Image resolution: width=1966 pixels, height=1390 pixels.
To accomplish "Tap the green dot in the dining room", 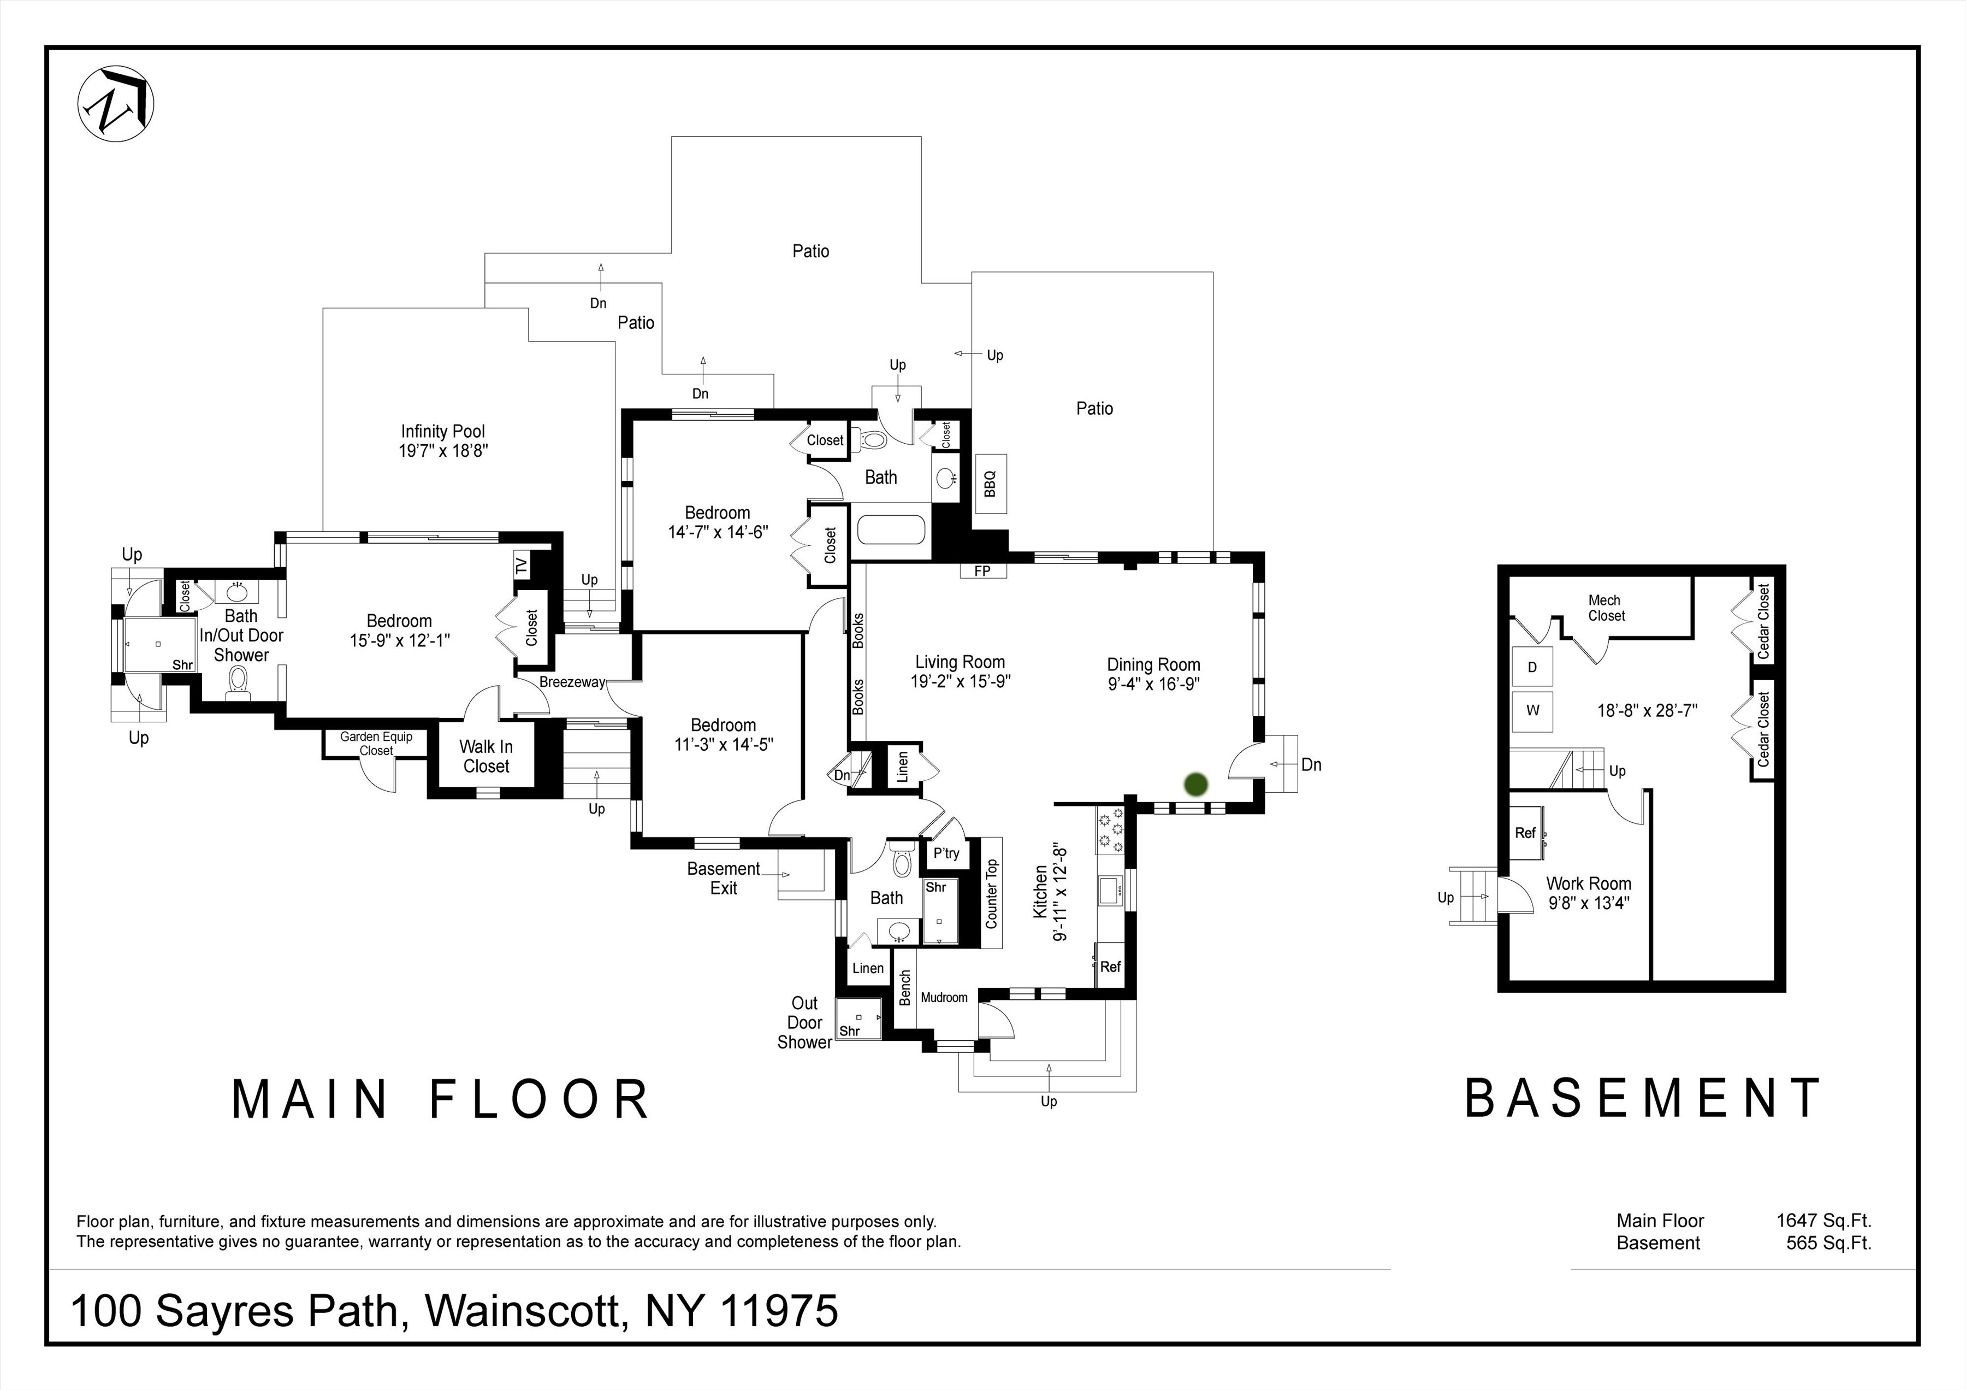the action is (x=1195, y=784).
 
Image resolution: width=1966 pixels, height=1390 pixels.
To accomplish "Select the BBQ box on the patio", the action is (x=991, y=484).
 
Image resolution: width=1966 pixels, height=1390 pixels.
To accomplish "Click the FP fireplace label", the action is (x=982, y=570).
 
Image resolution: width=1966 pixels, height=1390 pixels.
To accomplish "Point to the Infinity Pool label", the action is (x=443, y=441).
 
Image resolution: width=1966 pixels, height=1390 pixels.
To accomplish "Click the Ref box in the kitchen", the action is (x=1110, y=966).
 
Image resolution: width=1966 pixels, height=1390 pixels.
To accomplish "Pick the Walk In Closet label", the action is (x=487, y=756).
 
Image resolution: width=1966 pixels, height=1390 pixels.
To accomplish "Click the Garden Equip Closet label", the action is (x=376, y=744).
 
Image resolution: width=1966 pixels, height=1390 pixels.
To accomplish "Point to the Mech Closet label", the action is (x=1606, y=608).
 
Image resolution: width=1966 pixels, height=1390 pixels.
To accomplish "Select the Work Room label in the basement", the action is (x=1589, y=883).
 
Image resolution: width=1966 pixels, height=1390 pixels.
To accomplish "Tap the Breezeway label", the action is (x=572, y=682).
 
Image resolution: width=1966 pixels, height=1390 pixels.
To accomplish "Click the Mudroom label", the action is (x=944, y=998).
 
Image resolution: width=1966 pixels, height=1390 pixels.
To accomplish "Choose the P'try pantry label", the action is (x=946, y=853).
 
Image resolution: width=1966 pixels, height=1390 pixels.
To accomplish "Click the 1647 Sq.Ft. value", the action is (x=1823, y=1221).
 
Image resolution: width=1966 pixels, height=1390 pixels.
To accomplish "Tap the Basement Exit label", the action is (x=724, y=878).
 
